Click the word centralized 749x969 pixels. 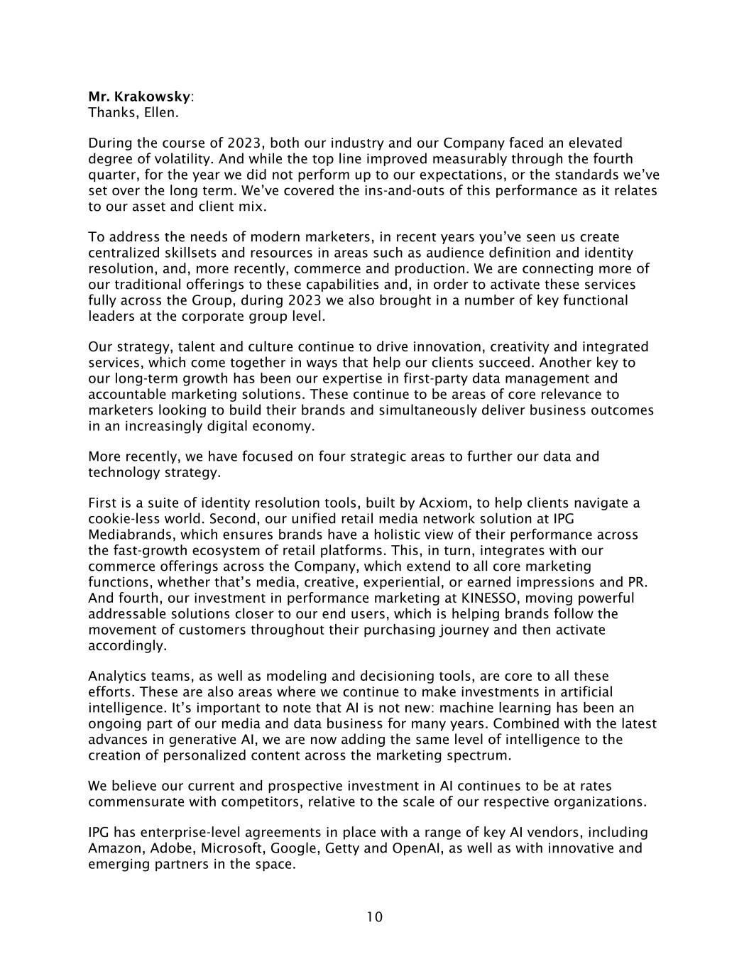124,253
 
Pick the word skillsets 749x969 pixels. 191,253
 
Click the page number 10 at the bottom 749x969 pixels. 374,917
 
